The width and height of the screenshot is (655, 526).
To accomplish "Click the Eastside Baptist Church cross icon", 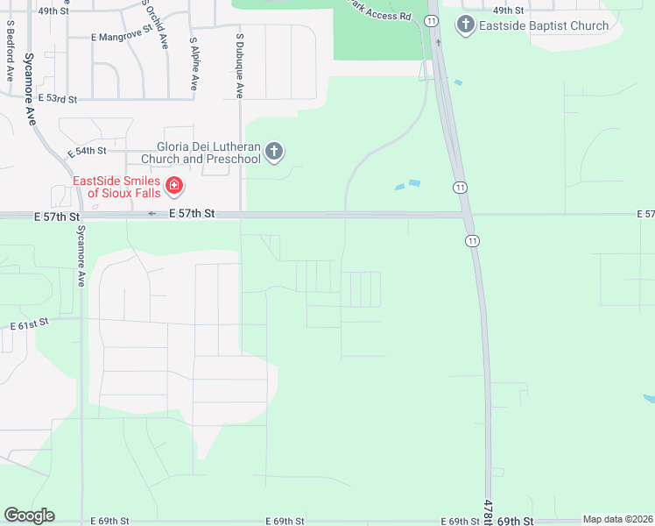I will click(465, 25).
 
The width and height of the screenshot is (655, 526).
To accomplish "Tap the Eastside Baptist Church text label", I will click(544, 25).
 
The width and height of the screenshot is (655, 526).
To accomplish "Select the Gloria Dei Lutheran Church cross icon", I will click(274, 153).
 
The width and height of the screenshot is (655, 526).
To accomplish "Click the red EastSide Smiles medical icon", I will click(174, 186).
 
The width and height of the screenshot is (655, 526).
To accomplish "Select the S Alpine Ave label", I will click(194, 63).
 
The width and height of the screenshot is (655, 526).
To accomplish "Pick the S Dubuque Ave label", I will click(240, 67).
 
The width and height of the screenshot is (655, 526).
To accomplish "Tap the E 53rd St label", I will click(57, 99).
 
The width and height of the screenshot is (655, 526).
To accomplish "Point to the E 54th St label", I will click(86, 152).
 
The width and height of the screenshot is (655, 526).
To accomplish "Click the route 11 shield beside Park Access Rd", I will click(432, 20).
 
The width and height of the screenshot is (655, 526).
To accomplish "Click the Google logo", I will click(29, 515).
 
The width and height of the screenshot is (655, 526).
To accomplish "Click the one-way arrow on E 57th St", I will click(152, 214).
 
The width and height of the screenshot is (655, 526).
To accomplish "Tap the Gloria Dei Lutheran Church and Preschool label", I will click(208, 153).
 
